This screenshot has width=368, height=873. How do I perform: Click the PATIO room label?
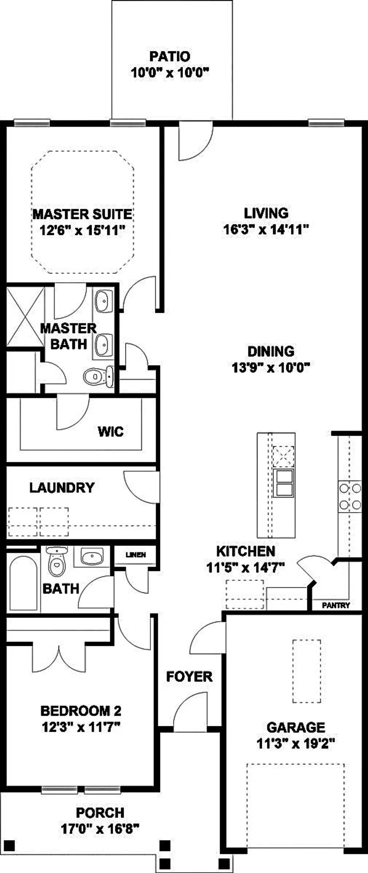169,56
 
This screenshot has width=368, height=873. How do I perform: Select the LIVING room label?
266,213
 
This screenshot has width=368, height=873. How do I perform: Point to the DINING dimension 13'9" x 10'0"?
270,367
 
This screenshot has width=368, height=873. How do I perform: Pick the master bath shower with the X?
25,317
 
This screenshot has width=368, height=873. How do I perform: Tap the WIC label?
110,431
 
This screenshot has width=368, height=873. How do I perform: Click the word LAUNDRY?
62,487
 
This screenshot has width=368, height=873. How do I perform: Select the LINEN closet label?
136,555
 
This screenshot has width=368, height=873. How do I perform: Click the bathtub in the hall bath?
24,582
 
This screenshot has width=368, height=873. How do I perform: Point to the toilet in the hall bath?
56,561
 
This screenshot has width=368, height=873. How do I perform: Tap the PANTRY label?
336,605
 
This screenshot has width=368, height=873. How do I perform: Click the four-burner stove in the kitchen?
350,496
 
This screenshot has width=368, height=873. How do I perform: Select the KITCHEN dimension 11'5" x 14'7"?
246,568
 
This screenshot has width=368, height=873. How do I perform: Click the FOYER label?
189,677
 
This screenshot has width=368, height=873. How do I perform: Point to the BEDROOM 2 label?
80,711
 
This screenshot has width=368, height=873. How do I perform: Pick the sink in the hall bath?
91,557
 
